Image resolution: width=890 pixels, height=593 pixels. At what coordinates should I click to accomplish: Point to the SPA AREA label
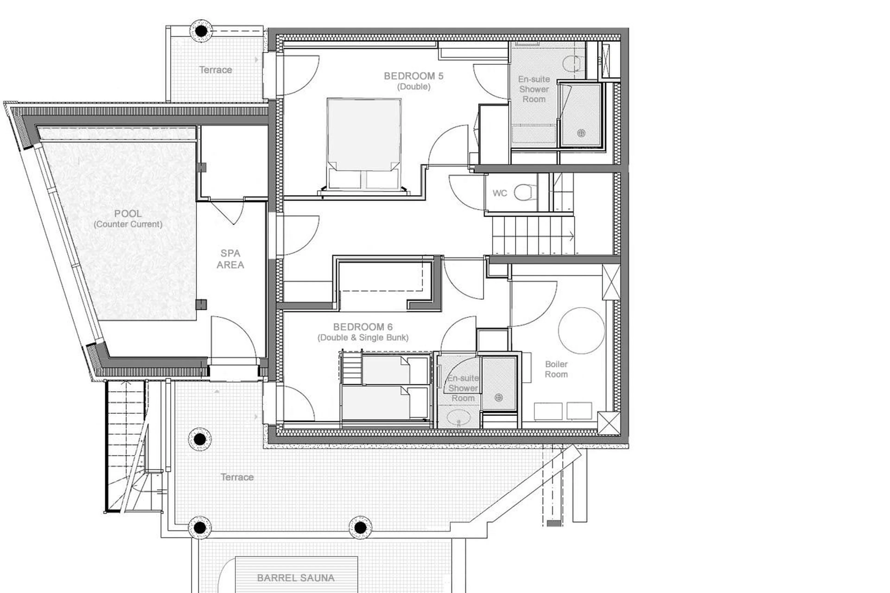tap(230, 259)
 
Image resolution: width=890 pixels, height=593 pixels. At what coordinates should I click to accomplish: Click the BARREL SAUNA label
tap(296, 578)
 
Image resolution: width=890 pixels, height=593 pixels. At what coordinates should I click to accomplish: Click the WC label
tap(499, 193)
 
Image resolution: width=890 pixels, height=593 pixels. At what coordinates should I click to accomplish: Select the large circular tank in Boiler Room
tap(581, 330)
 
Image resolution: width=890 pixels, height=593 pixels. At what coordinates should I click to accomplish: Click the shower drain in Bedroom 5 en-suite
tap(581, 133)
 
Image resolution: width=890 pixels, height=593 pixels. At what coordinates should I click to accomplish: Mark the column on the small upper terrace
tap(201, 31)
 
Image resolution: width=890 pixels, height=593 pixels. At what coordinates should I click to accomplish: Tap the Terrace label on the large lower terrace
tap(237, 477)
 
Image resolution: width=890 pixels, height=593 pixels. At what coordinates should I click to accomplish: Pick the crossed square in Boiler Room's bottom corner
tap(608, 423)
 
